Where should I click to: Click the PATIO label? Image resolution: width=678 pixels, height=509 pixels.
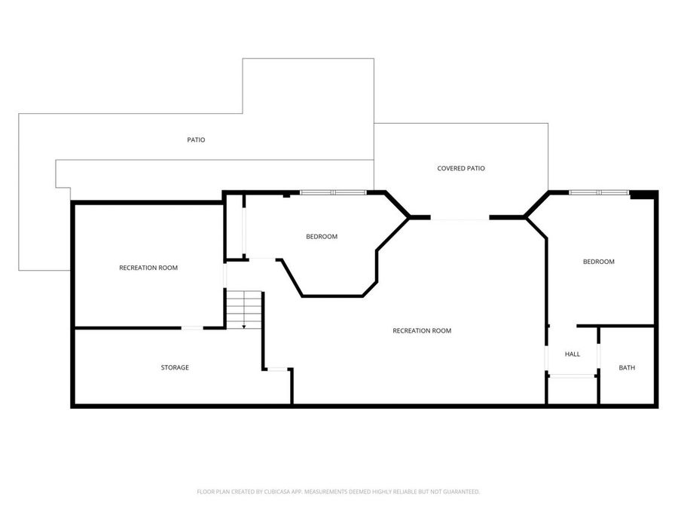coord(196,140)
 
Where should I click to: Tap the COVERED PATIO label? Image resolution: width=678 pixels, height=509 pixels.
coord(461,168)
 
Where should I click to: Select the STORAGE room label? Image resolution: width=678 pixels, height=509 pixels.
coord(175,367)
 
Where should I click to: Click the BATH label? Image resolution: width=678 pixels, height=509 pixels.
coord(627,368)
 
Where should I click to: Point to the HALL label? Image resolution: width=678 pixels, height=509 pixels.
coord(573,354)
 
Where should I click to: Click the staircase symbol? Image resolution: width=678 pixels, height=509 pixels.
coord(244,309)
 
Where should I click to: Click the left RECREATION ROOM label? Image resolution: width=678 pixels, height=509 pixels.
coord(148,268)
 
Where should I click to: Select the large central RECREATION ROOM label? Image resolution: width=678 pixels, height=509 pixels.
coord(422,330)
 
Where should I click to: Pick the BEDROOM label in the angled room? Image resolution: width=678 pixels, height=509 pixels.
coord(322,237)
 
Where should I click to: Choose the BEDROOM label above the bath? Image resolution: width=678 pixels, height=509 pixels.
coord(599,262)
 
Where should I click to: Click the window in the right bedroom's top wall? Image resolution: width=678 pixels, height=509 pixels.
coord(599,192)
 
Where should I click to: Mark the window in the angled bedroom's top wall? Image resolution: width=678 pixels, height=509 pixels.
coord(333,192)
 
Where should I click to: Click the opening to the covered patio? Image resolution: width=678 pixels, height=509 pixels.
coord(460,219)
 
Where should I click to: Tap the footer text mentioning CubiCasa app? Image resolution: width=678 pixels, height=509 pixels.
coord(338,492)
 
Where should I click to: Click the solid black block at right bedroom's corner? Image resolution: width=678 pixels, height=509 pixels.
coord(642,195)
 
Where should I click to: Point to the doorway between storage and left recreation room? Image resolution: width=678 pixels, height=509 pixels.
coord(192,328)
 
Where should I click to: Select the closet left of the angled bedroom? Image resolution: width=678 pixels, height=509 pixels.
coord(235,226)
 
